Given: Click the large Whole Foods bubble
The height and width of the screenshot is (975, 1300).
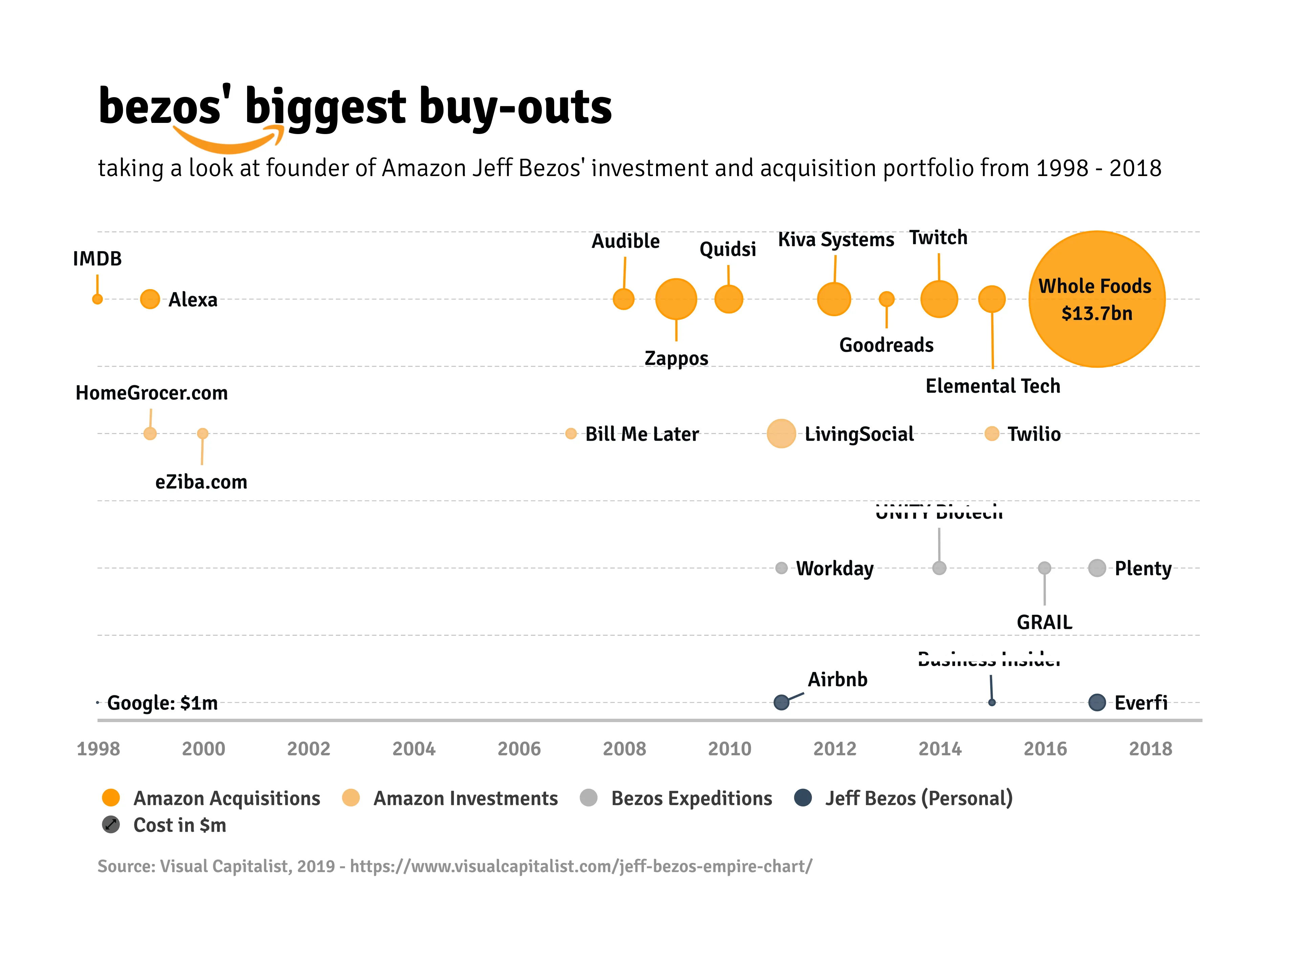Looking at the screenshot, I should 1097,299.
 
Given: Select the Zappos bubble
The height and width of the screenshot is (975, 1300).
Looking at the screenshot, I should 676,299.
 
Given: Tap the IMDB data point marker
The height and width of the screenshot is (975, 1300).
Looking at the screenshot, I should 97,299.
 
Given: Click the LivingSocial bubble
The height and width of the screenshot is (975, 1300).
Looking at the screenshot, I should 781,434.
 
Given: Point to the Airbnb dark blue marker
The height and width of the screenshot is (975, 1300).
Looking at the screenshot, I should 781,702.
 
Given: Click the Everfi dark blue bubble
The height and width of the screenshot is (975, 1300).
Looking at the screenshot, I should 1097,702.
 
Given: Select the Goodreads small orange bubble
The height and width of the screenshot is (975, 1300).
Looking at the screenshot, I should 886,299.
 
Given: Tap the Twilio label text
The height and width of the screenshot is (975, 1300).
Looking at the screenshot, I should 1034,434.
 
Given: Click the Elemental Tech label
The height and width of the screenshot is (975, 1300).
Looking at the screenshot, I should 993,386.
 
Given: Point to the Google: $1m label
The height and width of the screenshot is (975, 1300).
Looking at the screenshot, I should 162,703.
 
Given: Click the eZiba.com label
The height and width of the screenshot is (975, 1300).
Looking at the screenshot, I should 201,482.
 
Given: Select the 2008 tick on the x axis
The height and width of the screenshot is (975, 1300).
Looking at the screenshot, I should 624,749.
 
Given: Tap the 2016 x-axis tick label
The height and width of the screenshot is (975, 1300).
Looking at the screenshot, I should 1045,749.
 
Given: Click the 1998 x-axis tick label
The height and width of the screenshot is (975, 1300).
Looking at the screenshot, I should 98,749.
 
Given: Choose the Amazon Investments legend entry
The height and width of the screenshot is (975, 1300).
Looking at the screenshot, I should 465,798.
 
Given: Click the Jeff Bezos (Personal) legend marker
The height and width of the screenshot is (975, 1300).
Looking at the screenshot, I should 803,798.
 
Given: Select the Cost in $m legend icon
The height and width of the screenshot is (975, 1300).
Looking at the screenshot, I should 110,825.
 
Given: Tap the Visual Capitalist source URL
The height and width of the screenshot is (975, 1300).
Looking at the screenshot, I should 581,866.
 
